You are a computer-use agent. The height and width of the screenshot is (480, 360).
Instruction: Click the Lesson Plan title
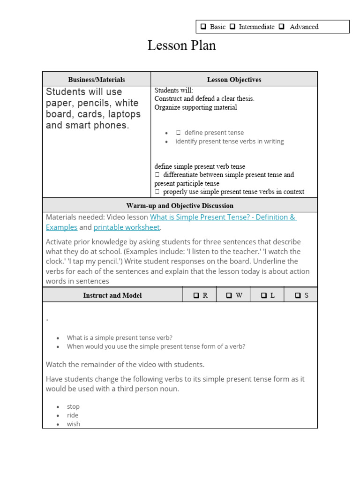pos(181,45)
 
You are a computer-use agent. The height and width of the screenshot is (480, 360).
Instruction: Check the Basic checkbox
pos(204,27)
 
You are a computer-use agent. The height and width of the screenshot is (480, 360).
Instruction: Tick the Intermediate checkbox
pos(232,27)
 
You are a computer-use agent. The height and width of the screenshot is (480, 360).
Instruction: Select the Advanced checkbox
pos(282,27)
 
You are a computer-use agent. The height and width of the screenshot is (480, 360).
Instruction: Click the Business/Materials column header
pos(97,80)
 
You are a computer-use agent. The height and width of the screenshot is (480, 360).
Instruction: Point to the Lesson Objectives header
pos(234,80)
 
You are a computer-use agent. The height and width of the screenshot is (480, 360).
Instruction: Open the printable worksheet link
pos(127,227)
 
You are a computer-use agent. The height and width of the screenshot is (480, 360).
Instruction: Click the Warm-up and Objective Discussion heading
pos(180,206)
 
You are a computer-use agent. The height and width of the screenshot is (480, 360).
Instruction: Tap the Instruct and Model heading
pos(112,295)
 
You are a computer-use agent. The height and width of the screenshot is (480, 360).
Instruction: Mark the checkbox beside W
pos(229,296)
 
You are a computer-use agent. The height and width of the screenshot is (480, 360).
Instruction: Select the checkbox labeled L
pos(264,296)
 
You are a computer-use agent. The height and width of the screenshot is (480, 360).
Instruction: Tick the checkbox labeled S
pos(298,296)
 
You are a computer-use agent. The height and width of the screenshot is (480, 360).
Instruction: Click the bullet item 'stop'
pos(73,406)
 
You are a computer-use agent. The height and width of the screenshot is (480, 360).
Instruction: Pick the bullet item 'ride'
pos(73,415)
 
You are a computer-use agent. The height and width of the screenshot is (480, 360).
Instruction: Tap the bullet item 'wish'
pos(74,424)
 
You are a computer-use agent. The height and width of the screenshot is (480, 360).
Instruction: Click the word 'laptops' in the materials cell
pos(123,114)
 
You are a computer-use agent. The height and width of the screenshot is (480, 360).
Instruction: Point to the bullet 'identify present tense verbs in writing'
pos(229,141)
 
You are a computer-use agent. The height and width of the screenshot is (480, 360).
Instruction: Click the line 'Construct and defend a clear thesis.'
pos(204,99)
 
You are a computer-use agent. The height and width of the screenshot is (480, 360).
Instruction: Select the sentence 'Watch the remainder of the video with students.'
pos(125,364)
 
